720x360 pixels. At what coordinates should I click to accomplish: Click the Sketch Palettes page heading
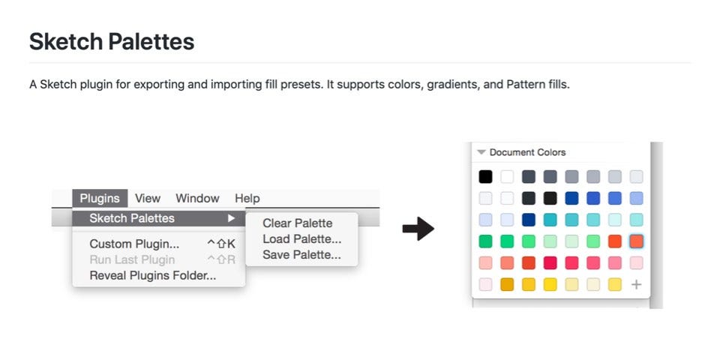tap(112, 41)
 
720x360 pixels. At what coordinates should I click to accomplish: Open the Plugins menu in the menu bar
tap(100, 198)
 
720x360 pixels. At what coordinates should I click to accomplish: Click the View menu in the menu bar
tap(148, 198)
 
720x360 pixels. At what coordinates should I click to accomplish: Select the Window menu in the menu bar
tap(197, 198)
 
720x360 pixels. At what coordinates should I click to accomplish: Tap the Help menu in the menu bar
tap(247, 198)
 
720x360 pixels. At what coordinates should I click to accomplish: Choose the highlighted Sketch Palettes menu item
tap(132, 218)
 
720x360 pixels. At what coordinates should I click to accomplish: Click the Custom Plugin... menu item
tap(134, 244)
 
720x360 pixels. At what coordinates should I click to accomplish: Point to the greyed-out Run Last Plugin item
tap(132, 259)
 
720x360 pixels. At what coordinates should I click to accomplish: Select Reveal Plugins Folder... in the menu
tap(153, 275)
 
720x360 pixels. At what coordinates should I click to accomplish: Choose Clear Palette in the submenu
tap(298, 223)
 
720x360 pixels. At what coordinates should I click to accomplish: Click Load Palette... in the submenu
tap(301, 239)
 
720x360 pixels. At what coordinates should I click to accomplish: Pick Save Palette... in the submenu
tap(301, 255)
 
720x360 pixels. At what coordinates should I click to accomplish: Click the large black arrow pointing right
tap(418, 229)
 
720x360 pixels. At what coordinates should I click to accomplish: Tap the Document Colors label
tap(527, 152)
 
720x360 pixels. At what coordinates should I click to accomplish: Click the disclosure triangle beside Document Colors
tap(481, 152)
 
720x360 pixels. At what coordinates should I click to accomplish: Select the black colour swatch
tap(486, 177)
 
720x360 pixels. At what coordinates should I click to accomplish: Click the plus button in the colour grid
tap(636, 285)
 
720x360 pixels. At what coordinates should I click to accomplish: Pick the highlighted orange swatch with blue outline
tap(636, 241)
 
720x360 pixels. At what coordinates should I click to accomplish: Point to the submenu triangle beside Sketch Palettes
tap(231, 218)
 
